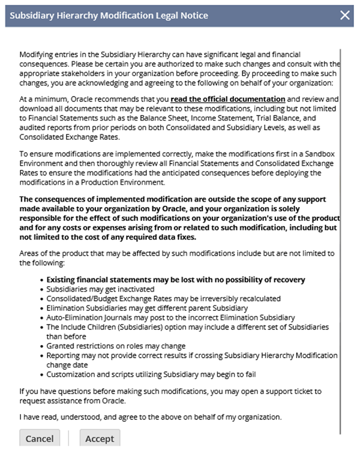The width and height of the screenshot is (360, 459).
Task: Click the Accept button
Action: [100, 439]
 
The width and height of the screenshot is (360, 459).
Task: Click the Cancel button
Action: [40, 439]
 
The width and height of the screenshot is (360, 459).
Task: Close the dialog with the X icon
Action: [345, 15]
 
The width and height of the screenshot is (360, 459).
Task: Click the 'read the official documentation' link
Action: [228, 98]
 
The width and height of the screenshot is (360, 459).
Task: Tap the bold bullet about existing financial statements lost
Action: [176, 280]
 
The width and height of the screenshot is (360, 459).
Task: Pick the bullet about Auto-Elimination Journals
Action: [170, 317]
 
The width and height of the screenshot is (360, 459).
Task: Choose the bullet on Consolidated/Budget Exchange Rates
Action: [163, 298]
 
